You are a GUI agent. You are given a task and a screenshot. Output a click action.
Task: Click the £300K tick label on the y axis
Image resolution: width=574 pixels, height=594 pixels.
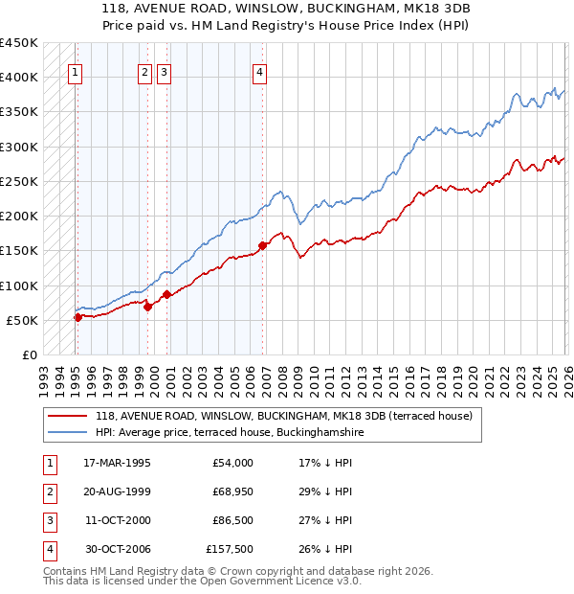click(x=19, y=147)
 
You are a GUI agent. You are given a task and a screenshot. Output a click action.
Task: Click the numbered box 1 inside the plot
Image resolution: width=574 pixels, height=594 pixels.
click(x=75, y=71)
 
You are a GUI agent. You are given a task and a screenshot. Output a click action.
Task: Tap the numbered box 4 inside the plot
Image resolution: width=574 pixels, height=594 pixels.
click(x=259, y=71)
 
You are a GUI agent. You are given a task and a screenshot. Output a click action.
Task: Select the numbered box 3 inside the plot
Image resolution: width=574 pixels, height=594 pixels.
click(x=164, y=71)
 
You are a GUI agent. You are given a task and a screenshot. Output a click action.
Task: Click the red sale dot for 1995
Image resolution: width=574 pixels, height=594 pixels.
click(x=77, y=317)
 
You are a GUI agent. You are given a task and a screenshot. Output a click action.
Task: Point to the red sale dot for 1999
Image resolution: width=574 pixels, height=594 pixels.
click(x=148, y=307)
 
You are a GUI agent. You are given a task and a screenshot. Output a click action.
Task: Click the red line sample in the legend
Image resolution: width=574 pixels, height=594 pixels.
click(x=68, y=417)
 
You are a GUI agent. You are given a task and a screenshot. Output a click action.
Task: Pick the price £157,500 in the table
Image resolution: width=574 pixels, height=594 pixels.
click(x=230, y=549)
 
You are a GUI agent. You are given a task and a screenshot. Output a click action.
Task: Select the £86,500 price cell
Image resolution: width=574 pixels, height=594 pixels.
click(x=232, y=520)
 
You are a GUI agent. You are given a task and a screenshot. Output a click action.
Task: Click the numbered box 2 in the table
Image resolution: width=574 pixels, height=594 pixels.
click(x=48, y=491)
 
